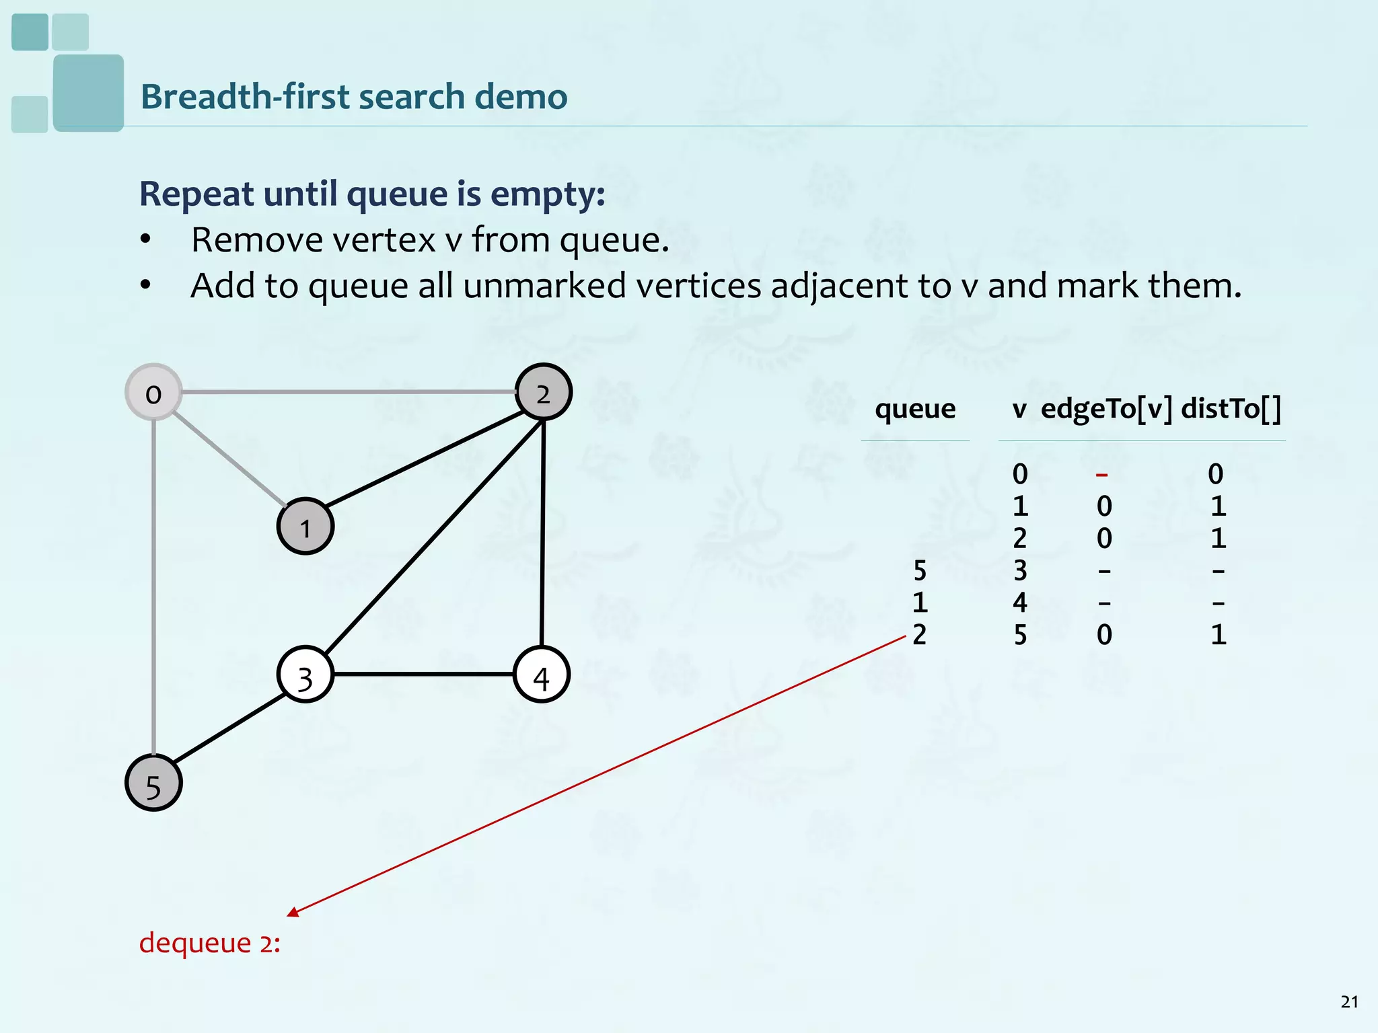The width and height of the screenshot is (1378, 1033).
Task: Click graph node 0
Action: (x=154, y=393)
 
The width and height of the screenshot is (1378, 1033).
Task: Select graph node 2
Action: (x=543, y=392)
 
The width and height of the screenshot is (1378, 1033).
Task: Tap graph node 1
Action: (x=305, y=527)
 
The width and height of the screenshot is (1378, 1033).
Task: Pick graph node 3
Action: (x=305, y=675)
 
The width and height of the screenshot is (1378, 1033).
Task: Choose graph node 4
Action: (x=542, y=675)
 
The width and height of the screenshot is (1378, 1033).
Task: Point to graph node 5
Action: (x=153, y=783)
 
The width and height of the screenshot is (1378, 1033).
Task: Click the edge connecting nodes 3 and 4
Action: (x=424, y=674)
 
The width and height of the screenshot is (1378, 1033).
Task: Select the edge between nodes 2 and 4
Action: (x=543, y=531)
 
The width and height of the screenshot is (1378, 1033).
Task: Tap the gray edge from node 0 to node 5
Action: (x=154, y=585)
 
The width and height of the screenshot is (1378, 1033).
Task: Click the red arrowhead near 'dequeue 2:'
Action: (x=293, y=911)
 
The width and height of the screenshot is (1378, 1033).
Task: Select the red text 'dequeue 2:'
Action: (x=209, y=943)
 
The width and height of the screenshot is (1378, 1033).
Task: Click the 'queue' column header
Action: (x=915, y=409)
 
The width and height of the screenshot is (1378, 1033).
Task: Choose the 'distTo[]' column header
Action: (x=1231, y=409)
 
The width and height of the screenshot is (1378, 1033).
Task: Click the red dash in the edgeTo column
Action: (x=1101, y=475)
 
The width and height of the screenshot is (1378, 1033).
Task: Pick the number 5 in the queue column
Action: (x=920, y=571)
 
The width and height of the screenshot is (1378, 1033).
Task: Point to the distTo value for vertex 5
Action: (x=1219, y=635)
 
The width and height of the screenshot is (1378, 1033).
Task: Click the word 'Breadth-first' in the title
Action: (x=245, y=96)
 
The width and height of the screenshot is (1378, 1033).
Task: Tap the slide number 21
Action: (x=1349, y=1002)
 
